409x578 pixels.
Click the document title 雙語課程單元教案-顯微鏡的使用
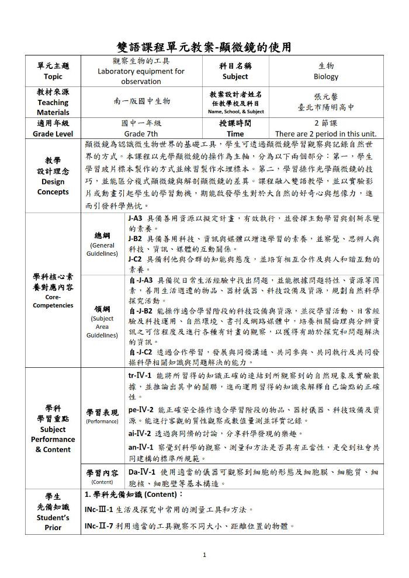[204, 47]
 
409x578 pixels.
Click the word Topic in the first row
[53, 76]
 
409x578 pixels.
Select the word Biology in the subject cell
[325, 76]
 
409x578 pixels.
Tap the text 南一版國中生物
[142, 101]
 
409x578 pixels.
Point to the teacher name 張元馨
[325, 97]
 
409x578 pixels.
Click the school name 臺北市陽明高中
[325, 107]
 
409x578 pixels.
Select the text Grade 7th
[141, 134]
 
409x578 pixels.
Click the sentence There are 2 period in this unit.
[325, 134]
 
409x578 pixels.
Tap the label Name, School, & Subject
[235, 112]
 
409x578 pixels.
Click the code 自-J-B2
[140, 311]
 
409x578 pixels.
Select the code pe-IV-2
[141, 410]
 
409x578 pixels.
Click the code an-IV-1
[140, 447]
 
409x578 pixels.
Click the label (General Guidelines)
[103, 250]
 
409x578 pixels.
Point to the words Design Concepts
[53, 187]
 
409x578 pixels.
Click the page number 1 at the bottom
[204, 555]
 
